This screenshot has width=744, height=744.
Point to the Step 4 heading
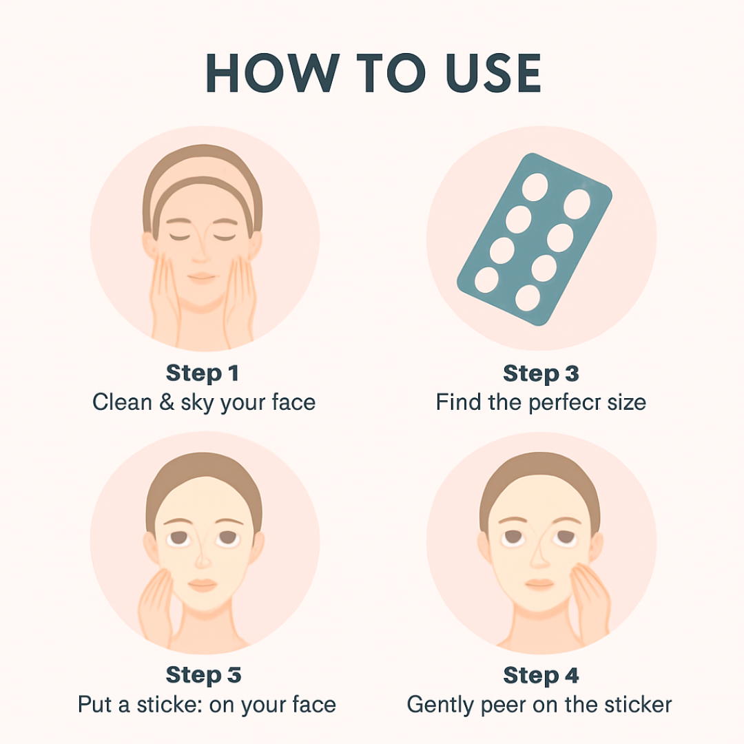(541, 674)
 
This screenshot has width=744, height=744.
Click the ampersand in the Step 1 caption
(166, 402)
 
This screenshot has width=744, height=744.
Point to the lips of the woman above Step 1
(202, 277)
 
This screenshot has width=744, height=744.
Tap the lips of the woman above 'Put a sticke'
(203, 584)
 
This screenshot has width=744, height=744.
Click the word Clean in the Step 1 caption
(121, 402)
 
